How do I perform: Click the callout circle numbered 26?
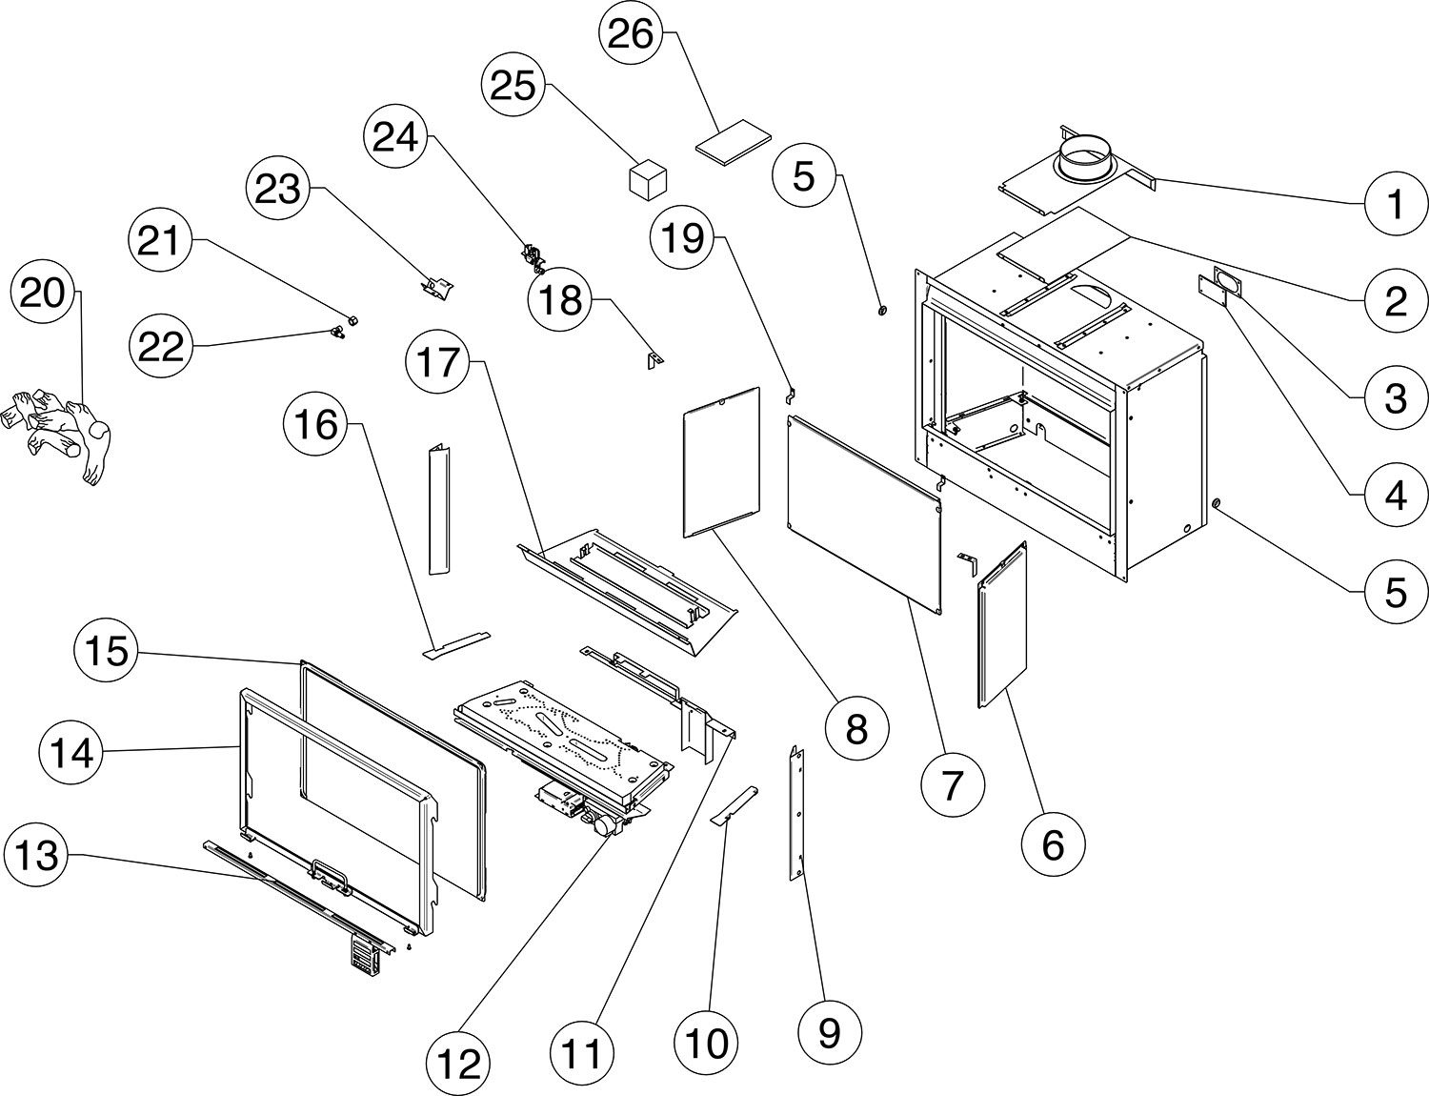tap(630, 33)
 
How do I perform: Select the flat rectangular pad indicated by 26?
tap(734, 142)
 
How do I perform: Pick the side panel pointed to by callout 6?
tap(1002, 623)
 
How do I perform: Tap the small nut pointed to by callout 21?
tap(352, 320)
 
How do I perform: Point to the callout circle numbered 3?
tap(1395, 397)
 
